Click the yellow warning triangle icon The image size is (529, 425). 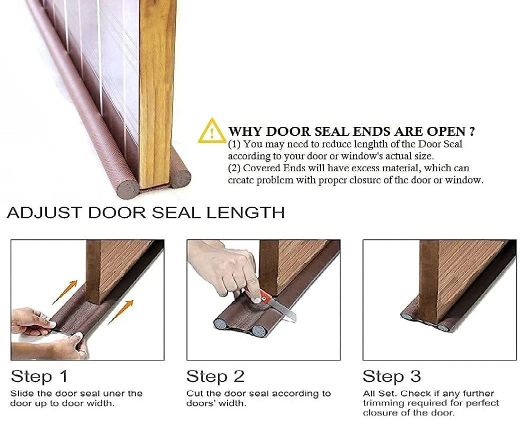click(x=212, y=131)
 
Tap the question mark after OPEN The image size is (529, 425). click(x=471, y=131)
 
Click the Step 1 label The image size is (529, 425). click(x=39, y=376)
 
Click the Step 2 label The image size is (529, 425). click(x=215, y=376)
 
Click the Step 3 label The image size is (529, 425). click(x=391, y=376)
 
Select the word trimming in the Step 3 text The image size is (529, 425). click(x=382, y=403)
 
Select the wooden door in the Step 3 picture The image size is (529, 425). click(x=450, y=275)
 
